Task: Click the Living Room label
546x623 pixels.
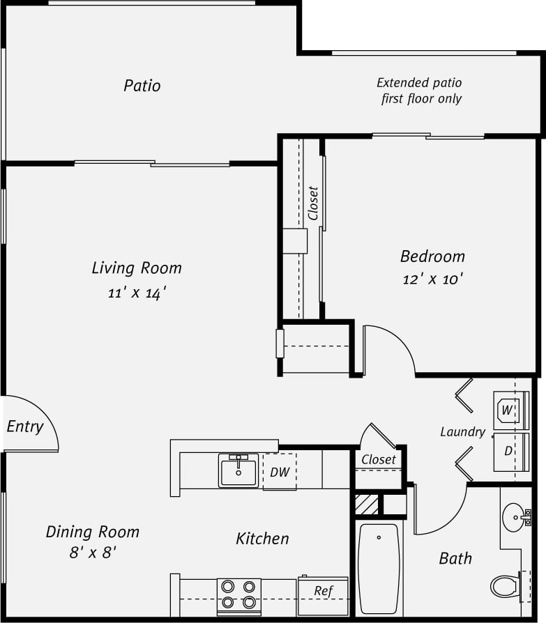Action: pyautogui.click(x=137, y=268)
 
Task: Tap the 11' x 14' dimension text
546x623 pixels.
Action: pyautogui.click(x=137, y=293)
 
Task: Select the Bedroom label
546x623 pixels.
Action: pyautogui.click(x=432, y=256)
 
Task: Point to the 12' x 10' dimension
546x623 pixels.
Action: pyautogui.click(x=432, y=279)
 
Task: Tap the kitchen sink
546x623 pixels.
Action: pyautogui.click(x=238, y=470)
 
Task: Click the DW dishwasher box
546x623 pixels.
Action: pyautogui.click(x=280, y=472)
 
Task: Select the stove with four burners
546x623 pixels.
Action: pyautogui.click(x=238, y=596)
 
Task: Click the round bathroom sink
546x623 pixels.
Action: pyautogui.click(x=515, y=517)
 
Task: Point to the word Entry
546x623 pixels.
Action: pyautogui.click(x=25, y=426)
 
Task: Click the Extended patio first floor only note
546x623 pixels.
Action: pyautogui.click(x=420, y=91)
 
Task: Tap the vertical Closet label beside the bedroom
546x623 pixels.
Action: pyautogui.click(x=313, y=203)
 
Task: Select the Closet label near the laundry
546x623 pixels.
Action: pyautogui.click(x=379, y=459)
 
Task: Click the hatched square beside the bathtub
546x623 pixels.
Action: pyautogui.click(x=367, y=504)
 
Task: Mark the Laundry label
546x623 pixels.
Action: pyautogui.click(x=462, y=432)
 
